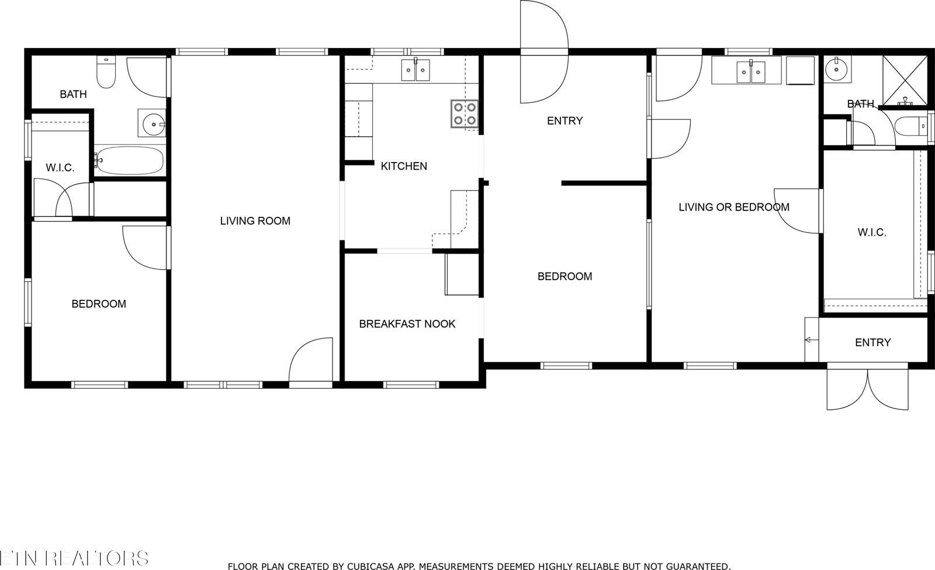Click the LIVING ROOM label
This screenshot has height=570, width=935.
point(255,221)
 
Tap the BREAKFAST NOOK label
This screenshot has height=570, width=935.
point(407,324)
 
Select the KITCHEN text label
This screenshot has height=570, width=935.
point(404,166)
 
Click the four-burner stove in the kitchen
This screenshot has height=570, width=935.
point(465,114)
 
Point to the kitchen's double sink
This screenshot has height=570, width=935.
point(415,70)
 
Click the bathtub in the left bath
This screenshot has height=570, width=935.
point(129,160)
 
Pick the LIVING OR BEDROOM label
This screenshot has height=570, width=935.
point(733,207)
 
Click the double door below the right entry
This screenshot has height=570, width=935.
point(868,389)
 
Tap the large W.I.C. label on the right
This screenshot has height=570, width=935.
point(872,232)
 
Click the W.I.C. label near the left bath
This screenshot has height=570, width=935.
point(60,168)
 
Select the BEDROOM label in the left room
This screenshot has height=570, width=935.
point(99,304)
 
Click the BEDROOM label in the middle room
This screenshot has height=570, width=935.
point(565,277)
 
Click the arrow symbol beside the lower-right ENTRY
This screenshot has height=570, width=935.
point(811,340)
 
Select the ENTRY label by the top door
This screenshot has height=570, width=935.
point(565,121)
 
